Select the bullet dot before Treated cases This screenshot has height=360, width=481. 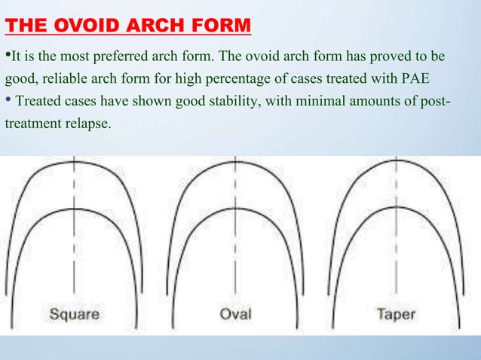pyautogui.click(x=8, y=100)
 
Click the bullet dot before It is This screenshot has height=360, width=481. pyautogui.click(x=8, y=56)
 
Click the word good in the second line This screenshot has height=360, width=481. pyautogui.click(x=19, y=78)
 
